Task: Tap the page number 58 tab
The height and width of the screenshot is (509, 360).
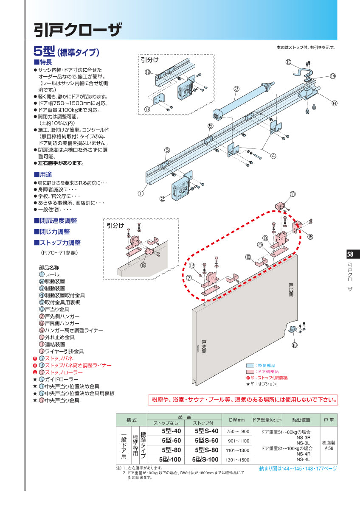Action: click(x=353, y=254)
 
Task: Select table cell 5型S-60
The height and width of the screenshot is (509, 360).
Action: click(x=206, y=440)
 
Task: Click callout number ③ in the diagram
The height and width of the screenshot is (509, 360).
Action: click(x=236, y=89)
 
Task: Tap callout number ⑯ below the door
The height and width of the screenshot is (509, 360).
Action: click(x=295, y=345)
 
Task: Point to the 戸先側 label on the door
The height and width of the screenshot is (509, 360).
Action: click(x=204, y=347)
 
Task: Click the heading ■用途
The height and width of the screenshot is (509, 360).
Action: click(x=43, y=174)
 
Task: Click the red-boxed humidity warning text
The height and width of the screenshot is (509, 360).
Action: click(x=244, y=400)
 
